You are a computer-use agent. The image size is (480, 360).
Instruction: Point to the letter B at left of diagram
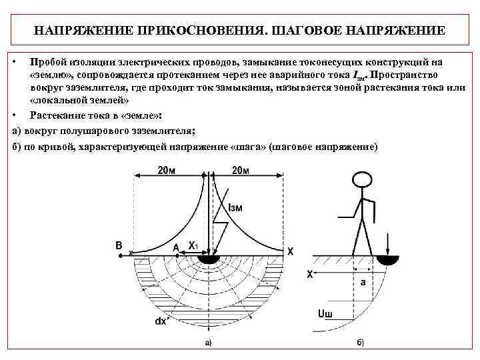119,246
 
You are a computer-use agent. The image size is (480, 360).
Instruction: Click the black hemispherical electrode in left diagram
211,258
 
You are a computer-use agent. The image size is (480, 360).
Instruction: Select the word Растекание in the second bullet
58,115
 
